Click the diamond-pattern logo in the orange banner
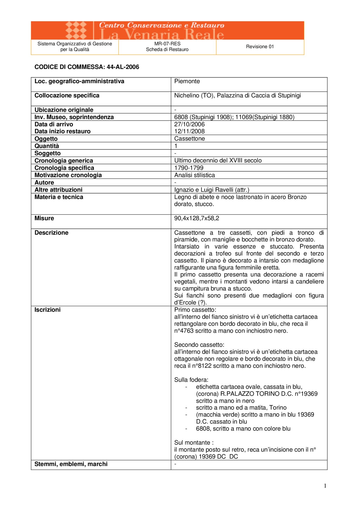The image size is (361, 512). coord(76,30)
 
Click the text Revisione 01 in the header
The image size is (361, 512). coord(260,47)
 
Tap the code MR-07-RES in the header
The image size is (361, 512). coord(167,44)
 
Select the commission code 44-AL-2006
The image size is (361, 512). coord(123,67)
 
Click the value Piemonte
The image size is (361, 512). coord(187,81)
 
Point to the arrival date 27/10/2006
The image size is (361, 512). coord(189,124)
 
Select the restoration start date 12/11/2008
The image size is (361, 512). coord(189,131)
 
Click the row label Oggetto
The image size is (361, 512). coord(46,139)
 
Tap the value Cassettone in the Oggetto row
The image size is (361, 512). coord(189,139)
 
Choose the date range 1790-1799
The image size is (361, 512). coord(189,168)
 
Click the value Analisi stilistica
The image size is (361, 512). coord(194,175)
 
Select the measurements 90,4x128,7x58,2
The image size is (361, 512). coord(196,218)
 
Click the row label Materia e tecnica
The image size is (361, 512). coord(59,197)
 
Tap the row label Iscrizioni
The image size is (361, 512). coord(48,310)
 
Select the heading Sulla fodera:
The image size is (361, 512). coord(191,380)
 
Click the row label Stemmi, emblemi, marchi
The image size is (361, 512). coord(71,464)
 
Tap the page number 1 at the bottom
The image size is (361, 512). coord(325,486)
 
